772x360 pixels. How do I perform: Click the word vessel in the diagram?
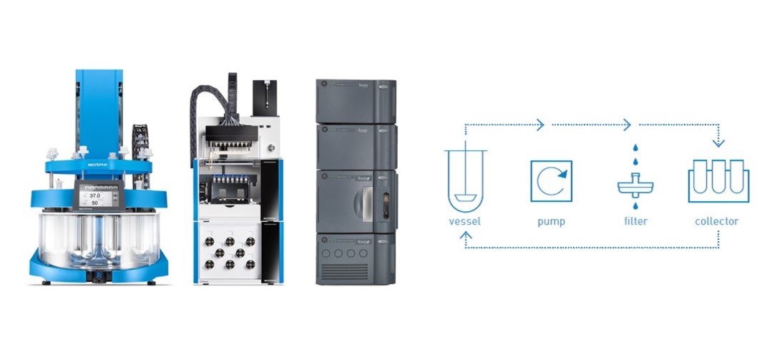pos(465,221)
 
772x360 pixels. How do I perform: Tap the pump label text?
pos(551,221)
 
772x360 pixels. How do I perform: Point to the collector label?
pos(717,221)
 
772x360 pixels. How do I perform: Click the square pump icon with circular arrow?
pos(551,180)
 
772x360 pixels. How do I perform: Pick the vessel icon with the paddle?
pos(465,179)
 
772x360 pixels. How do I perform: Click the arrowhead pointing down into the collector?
pos(718,142)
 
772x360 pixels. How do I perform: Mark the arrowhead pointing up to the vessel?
pos(466,234)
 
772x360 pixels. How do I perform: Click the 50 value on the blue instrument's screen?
pos(94,203)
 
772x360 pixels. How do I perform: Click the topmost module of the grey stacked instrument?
pos(356,100)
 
